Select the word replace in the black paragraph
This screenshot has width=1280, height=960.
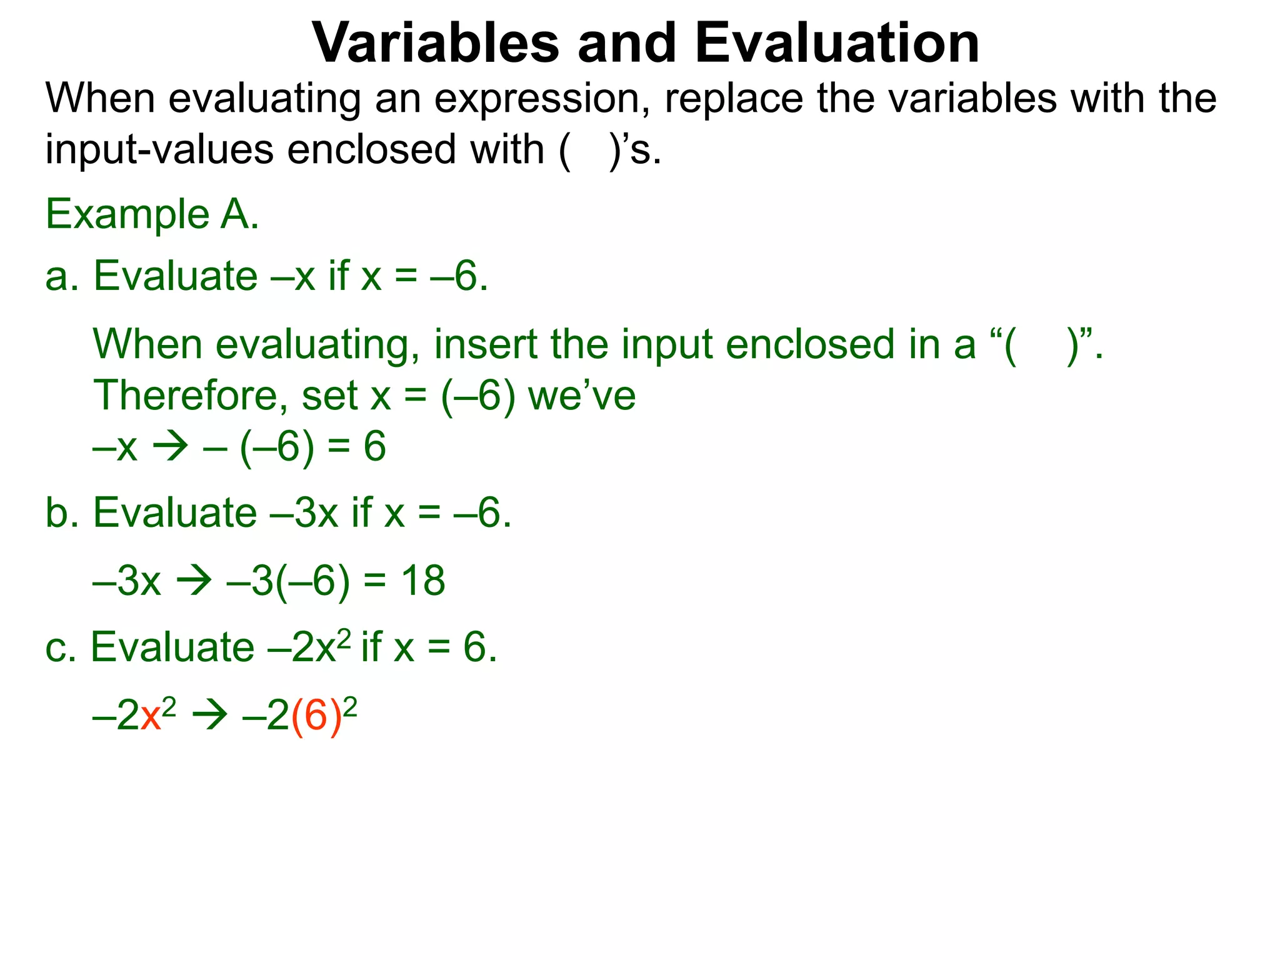tap(734, 99)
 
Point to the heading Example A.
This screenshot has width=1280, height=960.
tap(152, 214)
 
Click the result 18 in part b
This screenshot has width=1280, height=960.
tap(423, 581)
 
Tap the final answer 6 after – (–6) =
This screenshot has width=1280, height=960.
tap(374, 447)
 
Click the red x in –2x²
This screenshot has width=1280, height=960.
tap(151, 716)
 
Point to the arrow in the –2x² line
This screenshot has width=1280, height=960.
tap(209, 716)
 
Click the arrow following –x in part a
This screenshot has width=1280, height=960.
tap(170, 447)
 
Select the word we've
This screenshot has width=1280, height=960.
tap(582, 396)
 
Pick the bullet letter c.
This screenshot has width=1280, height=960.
tap(56, 647)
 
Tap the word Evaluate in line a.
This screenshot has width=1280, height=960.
tap(175, 276)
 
